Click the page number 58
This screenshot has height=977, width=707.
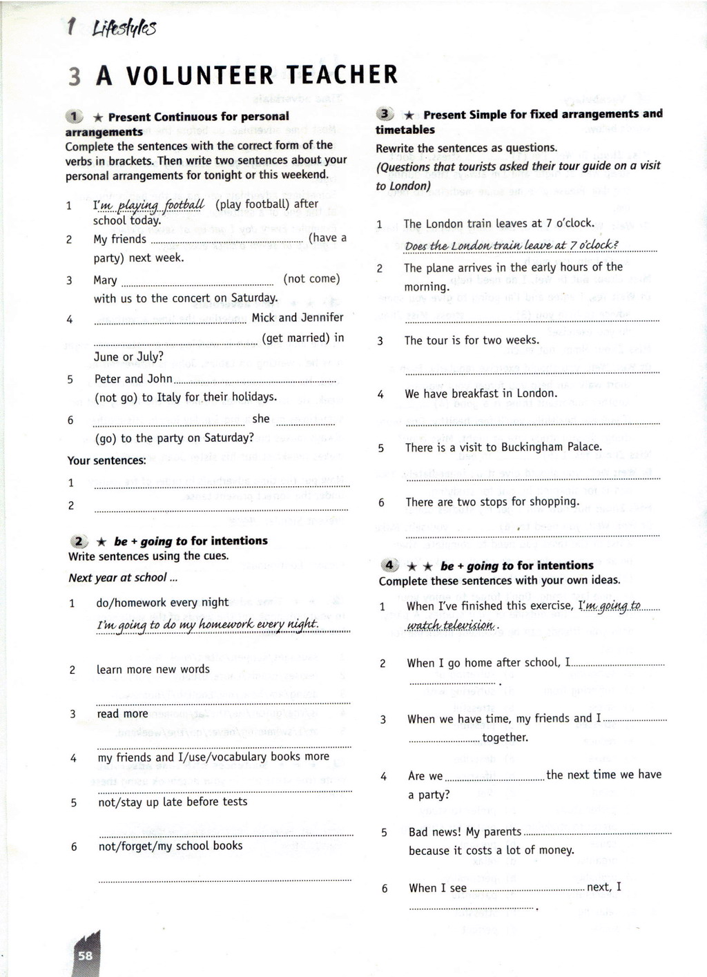click(85, 956)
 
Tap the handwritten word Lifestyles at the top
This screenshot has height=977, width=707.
click(124, 28)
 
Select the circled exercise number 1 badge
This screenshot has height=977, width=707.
click(74, 117)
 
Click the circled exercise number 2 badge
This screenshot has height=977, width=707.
click(80, 541)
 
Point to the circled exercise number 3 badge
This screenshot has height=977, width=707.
click(385, 114)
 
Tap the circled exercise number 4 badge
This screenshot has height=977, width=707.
click(389, 565)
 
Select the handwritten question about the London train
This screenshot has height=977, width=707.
click(512, 246)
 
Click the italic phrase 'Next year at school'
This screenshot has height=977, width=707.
click(117, 577)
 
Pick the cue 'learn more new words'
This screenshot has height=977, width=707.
click(153, 669)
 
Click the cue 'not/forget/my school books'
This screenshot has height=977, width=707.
click(171, 846)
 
